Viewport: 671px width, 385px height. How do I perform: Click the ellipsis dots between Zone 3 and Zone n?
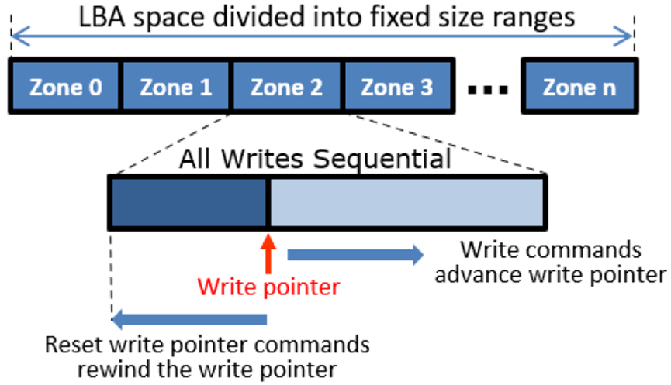coord(487,90)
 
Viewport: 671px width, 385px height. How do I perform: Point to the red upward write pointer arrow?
coord(268,254)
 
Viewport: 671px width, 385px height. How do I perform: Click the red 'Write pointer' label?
coord(268,287)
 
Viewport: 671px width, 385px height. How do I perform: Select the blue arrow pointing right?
coord(355,253)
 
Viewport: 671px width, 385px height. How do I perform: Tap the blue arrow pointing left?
coord(190,318)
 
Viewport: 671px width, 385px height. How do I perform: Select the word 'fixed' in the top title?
coord(400,17)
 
